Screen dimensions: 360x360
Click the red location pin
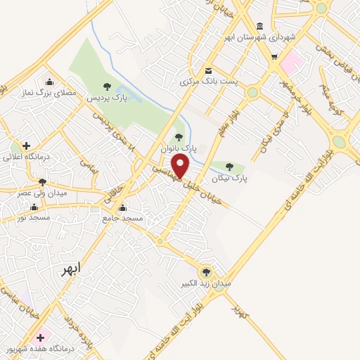coord(181,167)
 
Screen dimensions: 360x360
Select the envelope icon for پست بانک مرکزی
coord(209,70)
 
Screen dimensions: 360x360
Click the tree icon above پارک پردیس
coord(107,86)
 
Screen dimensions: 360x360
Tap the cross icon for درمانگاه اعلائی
coord(27,146)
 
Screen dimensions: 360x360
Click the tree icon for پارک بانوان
coord(178,137)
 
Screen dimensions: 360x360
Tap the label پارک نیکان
coord(234,179)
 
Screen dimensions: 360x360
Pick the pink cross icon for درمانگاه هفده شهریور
coord(41,337)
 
